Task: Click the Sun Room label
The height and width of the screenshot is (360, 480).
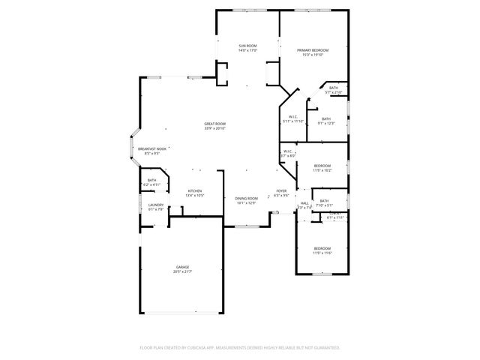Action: (248, 46)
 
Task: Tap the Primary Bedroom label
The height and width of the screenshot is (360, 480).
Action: (313, 50)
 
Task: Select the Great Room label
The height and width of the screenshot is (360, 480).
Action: (215, 124)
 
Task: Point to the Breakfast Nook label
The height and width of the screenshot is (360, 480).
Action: (152, 148)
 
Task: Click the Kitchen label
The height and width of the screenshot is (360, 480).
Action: (195, 191)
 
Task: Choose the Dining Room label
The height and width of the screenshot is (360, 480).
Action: (247, 198)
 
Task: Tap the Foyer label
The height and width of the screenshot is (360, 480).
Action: (281, 191)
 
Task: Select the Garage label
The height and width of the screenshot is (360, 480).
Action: (183, 266)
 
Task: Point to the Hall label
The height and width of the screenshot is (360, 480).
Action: (305, 202)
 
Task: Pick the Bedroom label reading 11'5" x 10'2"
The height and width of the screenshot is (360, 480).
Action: (322, 165)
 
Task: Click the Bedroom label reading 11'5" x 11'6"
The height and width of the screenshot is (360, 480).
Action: (322, 248)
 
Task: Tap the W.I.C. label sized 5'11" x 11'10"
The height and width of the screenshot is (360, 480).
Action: (293, 116)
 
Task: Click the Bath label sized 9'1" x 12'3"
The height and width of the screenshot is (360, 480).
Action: (326, 118)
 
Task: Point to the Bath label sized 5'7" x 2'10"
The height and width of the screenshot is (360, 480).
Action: (333, 88)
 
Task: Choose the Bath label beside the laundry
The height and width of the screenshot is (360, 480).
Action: (152, 180)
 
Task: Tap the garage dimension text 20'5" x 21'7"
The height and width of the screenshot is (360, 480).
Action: (183, 271)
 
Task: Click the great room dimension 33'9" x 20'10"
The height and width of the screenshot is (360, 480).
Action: (215, 128)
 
